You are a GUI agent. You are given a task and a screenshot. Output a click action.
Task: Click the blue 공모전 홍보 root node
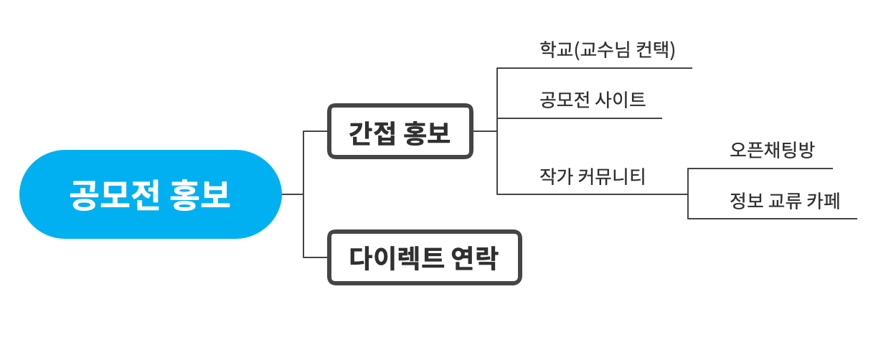(x=150, y=194)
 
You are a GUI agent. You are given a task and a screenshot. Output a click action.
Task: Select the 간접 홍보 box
(x=400, y=131)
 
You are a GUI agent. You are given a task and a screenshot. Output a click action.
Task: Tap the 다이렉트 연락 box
(x=424, y=257)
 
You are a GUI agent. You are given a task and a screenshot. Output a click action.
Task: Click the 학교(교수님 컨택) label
(x=607, y=49)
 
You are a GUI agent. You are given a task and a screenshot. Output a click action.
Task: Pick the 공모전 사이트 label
(x=592, y=100)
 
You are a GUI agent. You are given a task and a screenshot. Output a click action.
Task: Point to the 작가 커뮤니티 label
(x=592, y=176)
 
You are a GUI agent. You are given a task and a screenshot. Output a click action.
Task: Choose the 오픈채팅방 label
(x=772, y=150)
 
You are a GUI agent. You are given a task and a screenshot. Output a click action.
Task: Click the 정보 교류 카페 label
(x=784, y=200)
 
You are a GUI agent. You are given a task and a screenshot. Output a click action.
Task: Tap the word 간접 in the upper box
(x=372, y=133)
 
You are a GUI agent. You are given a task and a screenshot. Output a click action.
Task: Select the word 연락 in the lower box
(x=475, y=258)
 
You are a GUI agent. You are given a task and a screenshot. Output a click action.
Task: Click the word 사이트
(x=621, y=100)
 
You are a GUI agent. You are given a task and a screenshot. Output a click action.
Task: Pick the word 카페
(x=824, y=200)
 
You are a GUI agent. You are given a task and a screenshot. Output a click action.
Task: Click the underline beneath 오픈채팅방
(x=760, y=169)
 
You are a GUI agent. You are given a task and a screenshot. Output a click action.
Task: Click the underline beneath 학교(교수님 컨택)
(x=595, y=68)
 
